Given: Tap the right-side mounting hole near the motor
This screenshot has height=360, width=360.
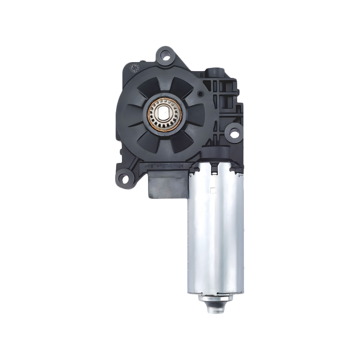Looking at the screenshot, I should coord(234,133).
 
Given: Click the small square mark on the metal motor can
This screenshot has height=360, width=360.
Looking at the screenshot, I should coord(213,190).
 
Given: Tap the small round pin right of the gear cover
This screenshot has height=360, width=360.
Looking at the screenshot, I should coord(201,94).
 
